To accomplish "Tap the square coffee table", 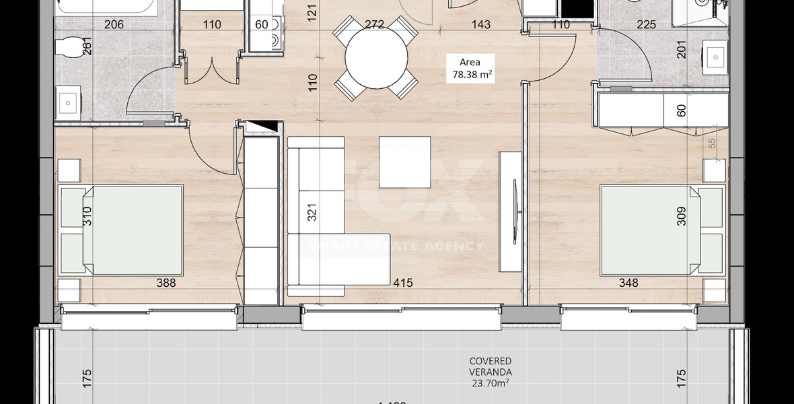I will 405,162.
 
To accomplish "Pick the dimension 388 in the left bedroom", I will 166,283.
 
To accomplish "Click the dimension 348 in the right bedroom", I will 628,283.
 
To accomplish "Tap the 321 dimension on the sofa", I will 312,213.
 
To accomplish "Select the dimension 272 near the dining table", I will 374,25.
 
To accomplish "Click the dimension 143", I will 480,25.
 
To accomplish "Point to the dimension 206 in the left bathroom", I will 114,25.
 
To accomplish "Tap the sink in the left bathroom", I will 68,103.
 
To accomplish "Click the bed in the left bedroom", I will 122,230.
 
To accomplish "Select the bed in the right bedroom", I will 662,230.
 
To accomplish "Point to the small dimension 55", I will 712,143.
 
